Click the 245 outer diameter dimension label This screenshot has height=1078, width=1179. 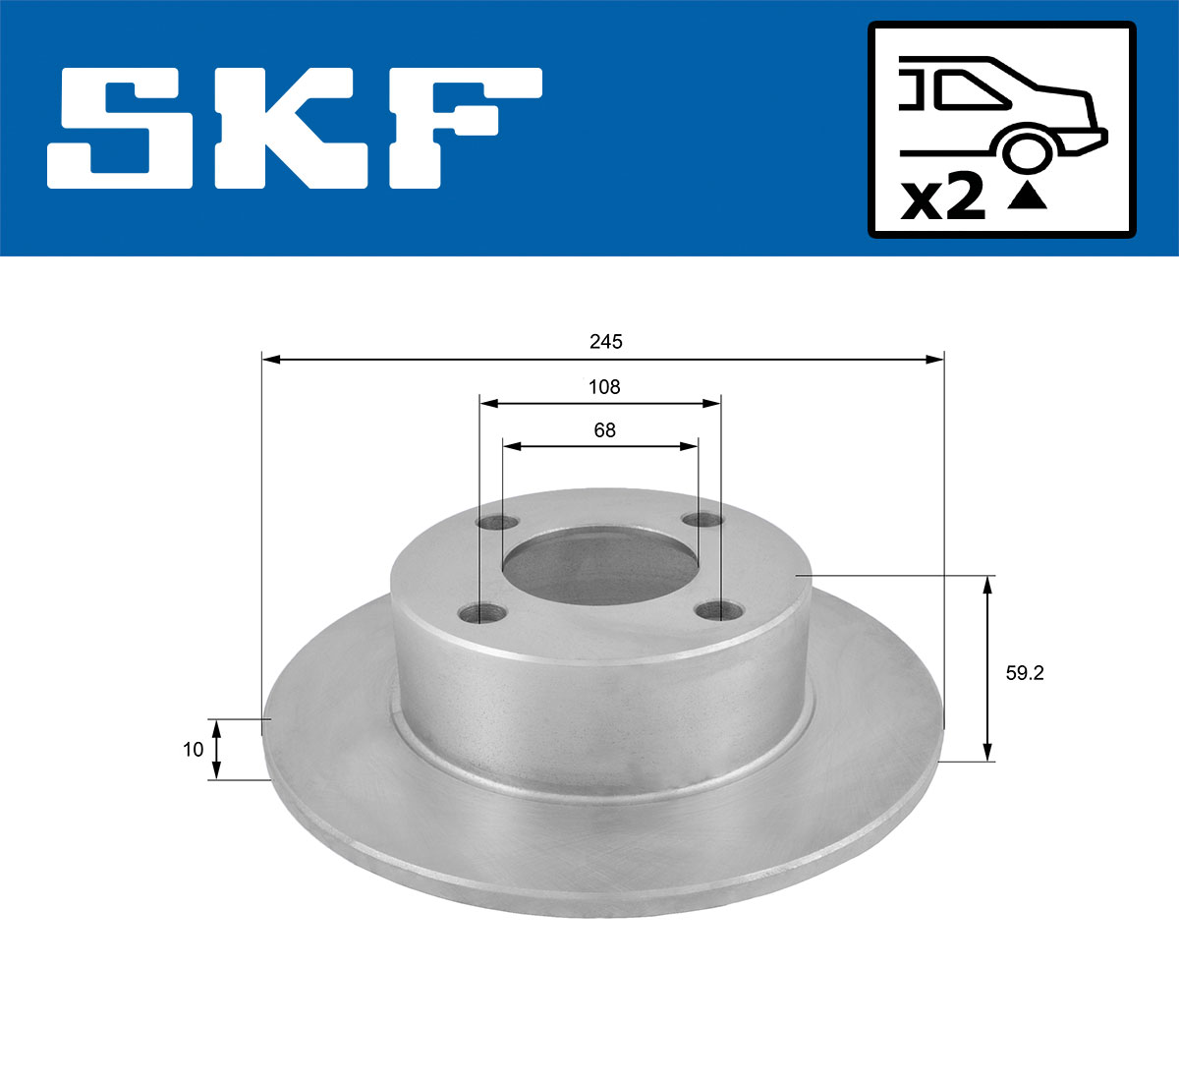pyautogui.click(x=605, y=342)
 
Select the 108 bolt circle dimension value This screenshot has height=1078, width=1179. pyautogui.click(x=604, y=387)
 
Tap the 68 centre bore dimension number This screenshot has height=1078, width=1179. pyautogui.click(x=604, y=430)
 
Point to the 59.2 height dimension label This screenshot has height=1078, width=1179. pyautogui.click(x=1024, y=673)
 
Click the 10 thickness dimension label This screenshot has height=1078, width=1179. pyautogui.click(x=193, y=750)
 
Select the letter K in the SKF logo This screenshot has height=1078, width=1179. pyautogui.click(x=295, y=128)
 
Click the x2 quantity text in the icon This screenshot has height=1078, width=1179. pyautogui.click(x=943, y=199)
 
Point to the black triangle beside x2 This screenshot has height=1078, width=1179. pyautogui.click(x=1028, y=198)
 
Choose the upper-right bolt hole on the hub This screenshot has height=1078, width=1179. pyautogui.click(x=702, y=520)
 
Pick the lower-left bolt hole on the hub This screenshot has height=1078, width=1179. pyautogui.click(x=481, y=614)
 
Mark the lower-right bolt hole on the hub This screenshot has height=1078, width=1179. pyautogui.click(x=718, y=610)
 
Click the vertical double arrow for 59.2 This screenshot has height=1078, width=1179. pyautogui.click(x=988, y=669)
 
